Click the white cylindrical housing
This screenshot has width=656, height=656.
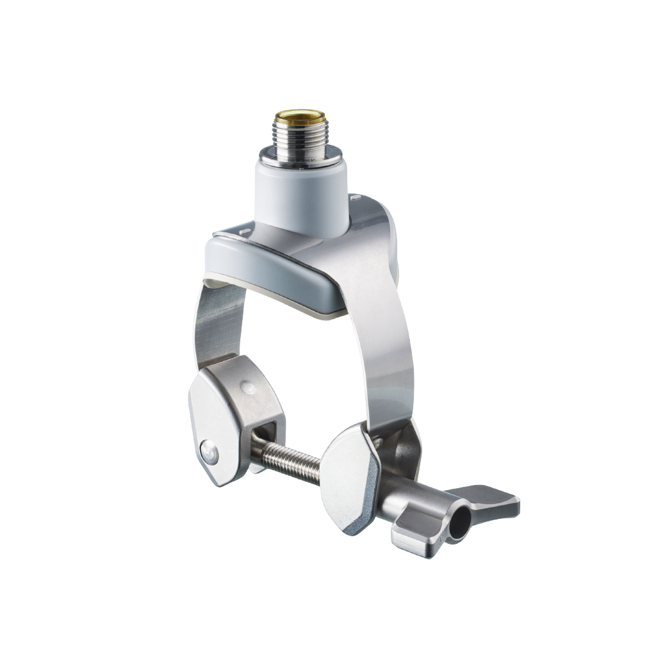point(301,195)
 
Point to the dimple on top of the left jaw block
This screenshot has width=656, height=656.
point(247,388)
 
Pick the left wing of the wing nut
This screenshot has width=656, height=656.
point(416,535)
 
